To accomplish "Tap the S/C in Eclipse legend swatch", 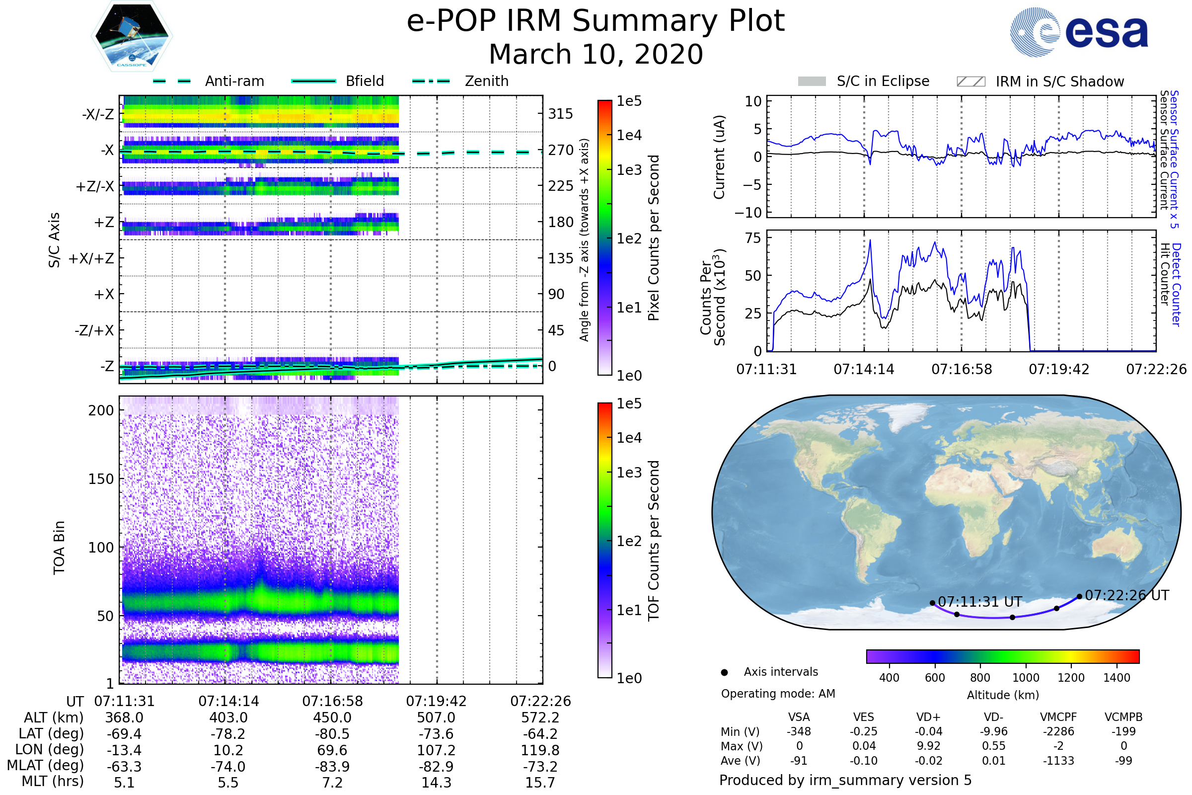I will point(812,81).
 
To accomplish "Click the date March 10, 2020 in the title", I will point(596,54).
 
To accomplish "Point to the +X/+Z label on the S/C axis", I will point(91,258).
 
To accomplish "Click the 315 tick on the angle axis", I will point(560,114).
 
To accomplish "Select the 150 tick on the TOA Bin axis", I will point(101,479).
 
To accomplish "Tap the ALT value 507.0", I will point(436,718).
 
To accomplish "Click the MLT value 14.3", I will point(436,782).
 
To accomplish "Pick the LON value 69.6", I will point(332,750).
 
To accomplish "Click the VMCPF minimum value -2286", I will point(1058,731).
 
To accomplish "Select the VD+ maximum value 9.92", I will point(928,746).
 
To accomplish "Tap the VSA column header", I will point(799,717).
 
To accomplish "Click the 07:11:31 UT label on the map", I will point(979,602).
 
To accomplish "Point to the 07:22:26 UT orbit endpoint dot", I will point(1079,597).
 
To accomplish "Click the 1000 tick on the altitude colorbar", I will point(1025,678).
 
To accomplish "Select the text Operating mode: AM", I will point(778,694).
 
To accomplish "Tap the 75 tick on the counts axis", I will point(753,238).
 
